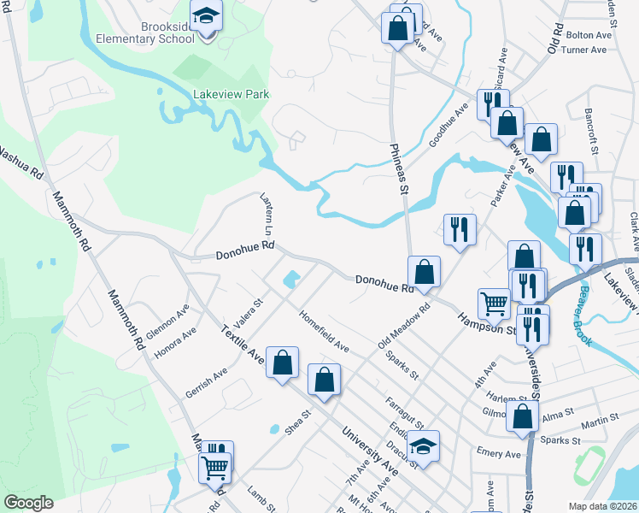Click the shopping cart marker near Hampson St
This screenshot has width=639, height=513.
tap(494, 302)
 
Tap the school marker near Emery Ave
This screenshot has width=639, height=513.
tap(422, 446)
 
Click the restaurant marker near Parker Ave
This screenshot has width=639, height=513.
tap(460, 228)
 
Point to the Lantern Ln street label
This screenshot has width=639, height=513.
tap(267, 214)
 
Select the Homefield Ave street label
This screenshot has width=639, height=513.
tap(324, 330)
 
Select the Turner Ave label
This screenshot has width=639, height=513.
tap(584, 50)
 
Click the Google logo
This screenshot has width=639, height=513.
tap(28, 503)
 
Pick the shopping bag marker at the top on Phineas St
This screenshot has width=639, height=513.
tap(397, 27)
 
